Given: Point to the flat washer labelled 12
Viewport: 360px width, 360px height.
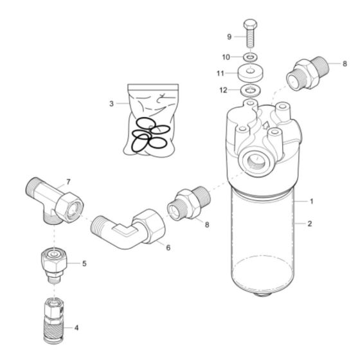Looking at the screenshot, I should [249, 89].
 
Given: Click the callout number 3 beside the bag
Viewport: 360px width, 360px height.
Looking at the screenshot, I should [111, 103].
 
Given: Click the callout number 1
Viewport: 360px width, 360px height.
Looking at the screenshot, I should [312, 201].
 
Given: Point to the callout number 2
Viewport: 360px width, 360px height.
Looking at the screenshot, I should [312, 224].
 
